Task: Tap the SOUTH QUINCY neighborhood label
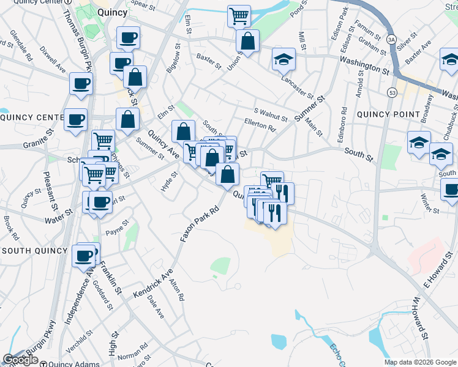pos(34,251)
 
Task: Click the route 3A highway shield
pos(390,39)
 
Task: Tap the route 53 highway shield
pos(389,92)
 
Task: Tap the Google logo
pos(21,360)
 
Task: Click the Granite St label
pos(21,144)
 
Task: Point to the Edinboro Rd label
pos(344,122)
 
